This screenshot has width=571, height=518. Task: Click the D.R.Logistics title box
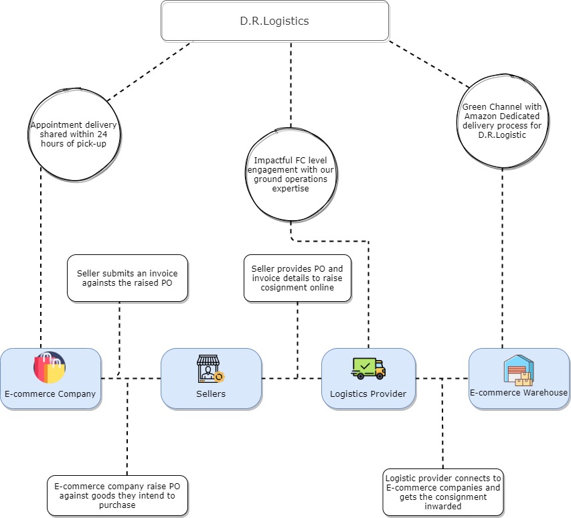point(274,21)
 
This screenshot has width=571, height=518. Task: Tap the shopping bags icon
point(50,367)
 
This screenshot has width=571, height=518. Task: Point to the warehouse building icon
point(518,370)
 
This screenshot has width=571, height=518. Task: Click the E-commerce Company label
point(50,394)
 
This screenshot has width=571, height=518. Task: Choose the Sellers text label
point(211,394)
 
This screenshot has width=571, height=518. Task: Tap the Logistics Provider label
point(368,394)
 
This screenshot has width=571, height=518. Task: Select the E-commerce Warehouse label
point(519,393)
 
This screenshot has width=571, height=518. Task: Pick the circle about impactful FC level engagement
point(291,170)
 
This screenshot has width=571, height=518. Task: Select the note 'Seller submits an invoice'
point(127,278)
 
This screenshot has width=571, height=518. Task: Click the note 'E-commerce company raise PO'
point(117,496)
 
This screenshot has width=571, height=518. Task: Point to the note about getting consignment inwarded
point(442,492)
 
